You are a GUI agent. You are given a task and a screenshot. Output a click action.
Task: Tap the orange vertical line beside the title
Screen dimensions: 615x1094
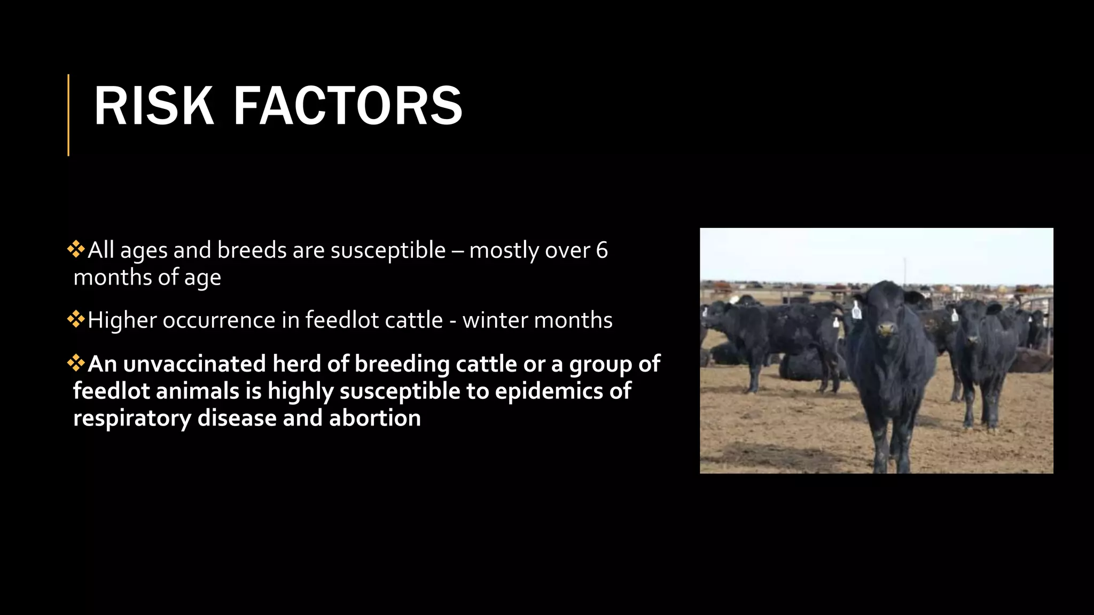pos(68,115)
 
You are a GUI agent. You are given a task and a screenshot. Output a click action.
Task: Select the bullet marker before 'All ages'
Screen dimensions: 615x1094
pos(76,249)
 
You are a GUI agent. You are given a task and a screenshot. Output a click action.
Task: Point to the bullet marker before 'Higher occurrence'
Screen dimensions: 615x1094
pos(76,319)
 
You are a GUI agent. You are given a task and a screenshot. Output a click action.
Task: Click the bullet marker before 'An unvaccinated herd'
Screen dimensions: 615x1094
pos(76,363)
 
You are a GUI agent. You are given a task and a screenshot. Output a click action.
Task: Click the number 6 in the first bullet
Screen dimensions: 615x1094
pos(601,250)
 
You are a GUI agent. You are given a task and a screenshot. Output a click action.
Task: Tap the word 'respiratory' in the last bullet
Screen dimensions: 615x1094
pos(132,418)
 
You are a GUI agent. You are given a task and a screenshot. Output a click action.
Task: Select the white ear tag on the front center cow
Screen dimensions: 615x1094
pos(856,311)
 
